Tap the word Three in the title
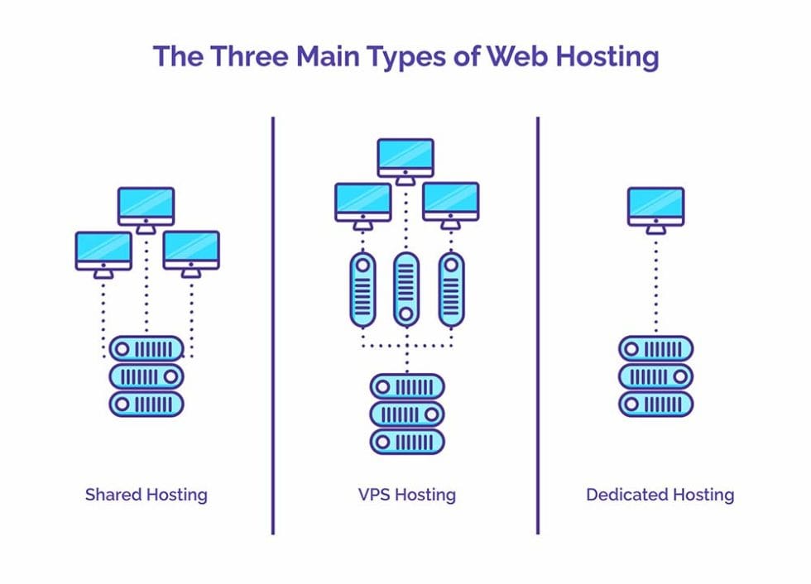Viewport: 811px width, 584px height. pyautogui.click(x=250, y=57)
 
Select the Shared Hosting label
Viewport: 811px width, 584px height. pyautogui.click(x=146, y=495)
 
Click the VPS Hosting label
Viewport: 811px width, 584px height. pyautogui.click(x=406, y=495)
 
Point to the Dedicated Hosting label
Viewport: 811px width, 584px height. pyautogui.click(x=660, y=495)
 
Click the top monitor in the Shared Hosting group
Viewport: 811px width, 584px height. pyautogui.click(x=146, y=206)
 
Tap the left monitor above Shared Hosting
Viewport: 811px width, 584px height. pyautogui.click(x=103, y=251)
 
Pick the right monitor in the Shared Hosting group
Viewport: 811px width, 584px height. pyautogui.click(x=191, y=251)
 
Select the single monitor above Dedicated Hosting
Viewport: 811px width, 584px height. pyautogui.click(x=655, y=206)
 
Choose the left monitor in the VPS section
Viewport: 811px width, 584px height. pyautogui.click(x=362, y=202)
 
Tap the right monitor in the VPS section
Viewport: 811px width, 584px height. pyautogui.click(x=450, y=202)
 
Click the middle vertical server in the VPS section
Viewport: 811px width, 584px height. pyautogui.click(x=405, y=289)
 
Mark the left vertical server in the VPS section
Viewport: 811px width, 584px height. pyautogui.click(x=362, y=289)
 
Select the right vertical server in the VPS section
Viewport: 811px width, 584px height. pyautogui.click(x=451, y=289)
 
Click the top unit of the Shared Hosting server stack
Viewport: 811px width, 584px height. pyautogui.click(x=146, y=348)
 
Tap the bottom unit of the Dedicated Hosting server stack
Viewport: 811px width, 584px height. pyautogui.click(x=655, y=404)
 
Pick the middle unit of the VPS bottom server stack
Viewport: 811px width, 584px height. pyautogui.click(x=406, y=414)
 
